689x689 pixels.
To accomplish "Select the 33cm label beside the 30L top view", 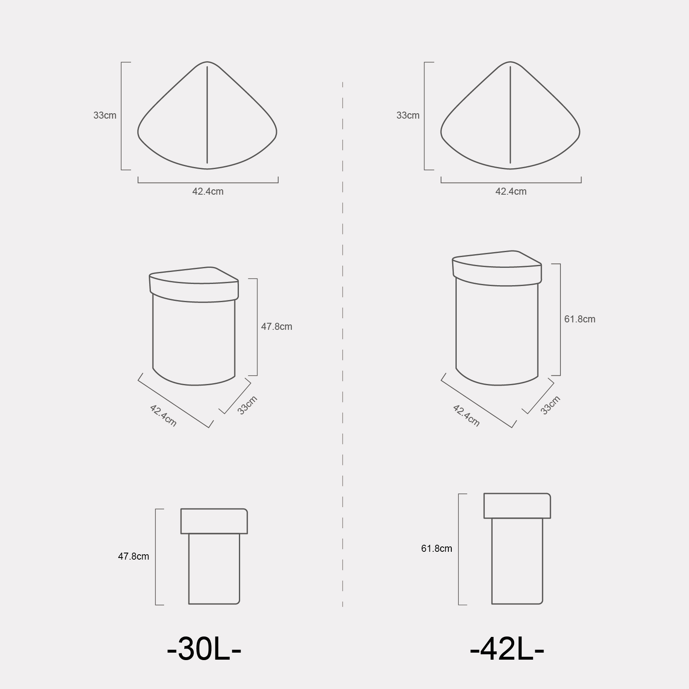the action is click(105, 115).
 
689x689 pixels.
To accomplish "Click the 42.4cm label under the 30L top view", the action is click(208, 191).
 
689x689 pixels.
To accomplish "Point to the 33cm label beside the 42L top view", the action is click(408, 115).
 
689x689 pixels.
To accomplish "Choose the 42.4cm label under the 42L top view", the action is click(511, 191).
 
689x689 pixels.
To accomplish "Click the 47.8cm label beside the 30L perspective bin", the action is click(277, 327).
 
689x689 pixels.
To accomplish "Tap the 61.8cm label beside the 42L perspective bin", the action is click(580, 319).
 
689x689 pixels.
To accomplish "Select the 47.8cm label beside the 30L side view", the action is click(134, 556).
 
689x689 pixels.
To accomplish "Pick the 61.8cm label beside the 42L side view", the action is click(437, 548).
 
